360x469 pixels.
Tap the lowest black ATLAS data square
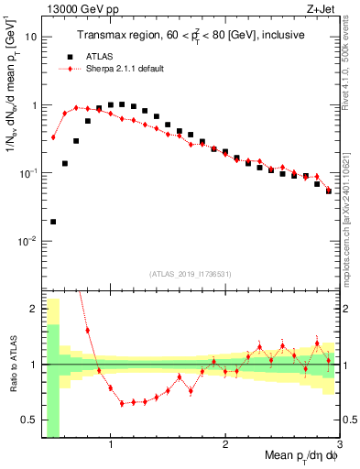53,222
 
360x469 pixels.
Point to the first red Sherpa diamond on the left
53,137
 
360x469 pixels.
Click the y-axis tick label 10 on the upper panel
31,38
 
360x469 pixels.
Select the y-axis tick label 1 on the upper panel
34,105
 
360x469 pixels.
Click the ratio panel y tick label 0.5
29,420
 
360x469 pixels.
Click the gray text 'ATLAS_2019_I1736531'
191,274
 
